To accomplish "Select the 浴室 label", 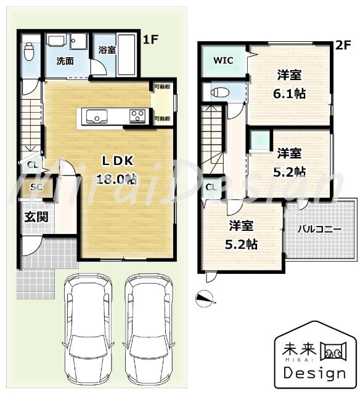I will point(107,50).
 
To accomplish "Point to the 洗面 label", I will point(65,61).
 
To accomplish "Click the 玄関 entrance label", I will point(33,217).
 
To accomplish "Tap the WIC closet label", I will point(222,60).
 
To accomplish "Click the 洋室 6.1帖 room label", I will point(290,84).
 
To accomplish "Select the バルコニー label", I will point(320,228).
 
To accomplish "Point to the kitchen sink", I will point(96,115).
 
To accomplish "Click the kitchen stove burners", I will point(137,115).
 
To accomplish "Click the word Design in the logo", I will point(314,372).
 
